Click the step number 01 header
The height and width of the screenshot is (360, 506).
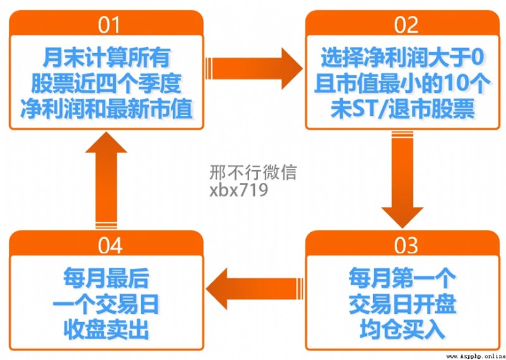click(109, 25)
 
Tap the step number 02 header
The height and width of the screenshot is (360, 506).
click(406, 25)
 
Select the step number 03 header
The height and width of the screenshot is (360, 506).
click(405, 245)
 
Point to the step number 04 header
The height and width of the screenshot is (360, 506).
click(110, 245)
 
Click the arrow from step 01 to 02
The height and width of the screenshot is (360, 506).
click(254, 68)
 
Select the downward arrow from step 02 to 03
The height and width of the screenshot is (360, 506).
click(402, 180)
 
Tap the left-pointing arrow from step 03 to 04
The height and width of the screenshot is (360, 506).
click(254, 289)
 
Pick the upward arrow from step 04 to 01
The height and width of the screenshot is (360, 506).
click(106, 180)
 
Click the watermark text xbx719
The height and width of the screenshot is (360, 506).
click(238, 190)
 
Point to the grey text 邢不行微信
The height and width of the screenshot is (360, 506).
click(252, 173)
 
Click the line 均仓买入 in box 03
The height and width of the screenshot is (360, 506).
click(402, 330)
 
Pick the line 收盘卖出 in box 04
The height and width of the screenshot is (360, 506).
click(106, 330)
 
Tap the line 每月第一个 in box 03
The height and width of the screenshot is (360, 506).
click(402, 278)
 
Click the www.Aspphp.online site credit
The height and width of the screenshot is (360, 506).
click(476, 356)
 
